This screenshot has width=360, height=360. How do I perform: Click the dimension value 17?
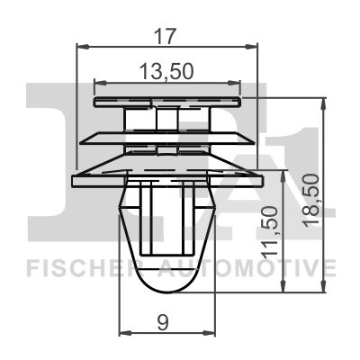pos(165,37)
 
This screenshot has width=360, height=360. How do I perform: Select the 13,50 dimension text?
pos(166,72)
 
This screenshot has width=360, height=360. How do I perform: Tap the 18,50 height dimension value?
pos(310,201)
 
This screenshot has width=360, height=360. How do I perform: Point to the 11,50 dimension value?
pos(269,230)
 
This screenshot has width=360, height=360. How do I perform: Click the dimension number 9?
pos(163,323)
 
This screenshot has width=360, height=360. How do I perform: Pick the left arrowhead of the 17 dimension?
pos(83,47)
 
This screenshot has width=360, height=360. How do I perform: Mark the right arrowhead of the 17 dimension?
pos(251,47)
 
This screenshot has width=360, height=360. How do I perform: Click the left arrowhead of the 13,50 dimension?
pos(101,82)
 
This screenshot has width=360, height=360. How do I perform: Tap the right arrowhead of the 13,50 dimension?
pos(234,82)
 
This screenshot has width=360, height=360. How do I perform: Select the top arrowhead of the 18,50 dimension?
pos(323,103)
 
